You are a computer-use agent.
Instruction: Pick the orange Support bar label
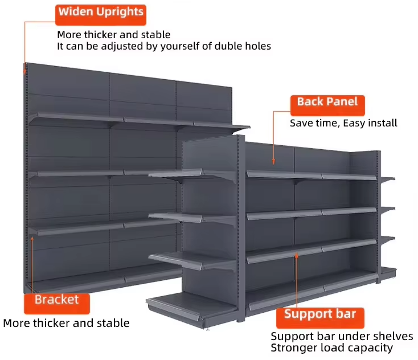point(319,315)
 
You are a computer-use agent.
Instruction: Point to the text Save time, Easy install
point(343,122)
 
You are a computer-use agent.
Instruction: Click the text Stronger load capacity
point(331,347)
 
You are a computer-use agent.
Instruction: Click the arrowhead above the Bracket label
point(32,237)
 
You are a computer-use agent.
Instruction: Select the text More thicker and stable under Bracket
point(66,323)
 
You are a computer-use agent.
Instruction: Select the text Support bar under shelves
point(342,336)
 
